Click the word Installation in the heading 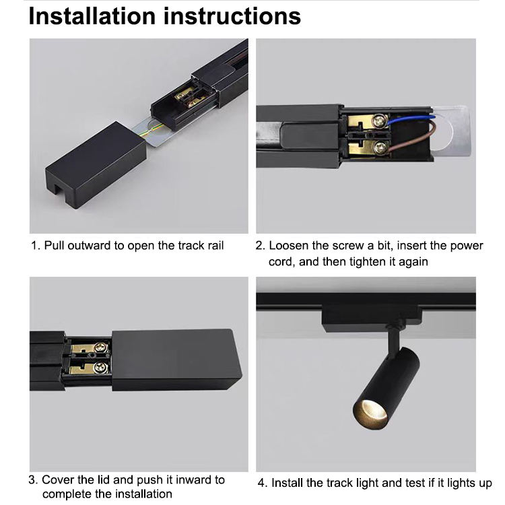coord(92,16)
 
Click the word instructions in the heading coord(232,16)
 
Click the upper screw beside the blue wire coord(379,121)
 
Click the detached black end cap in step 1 coord(96,164)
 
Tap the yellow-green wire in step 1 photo coord(154,131)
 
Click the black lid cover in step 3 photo coord(176,360)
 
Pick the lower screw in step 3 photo coord(100,367)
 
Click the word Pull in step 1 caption coord(54,245)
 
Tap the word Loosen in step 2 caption coord(289,245)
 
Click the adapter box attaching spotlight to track coord(371,318)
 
